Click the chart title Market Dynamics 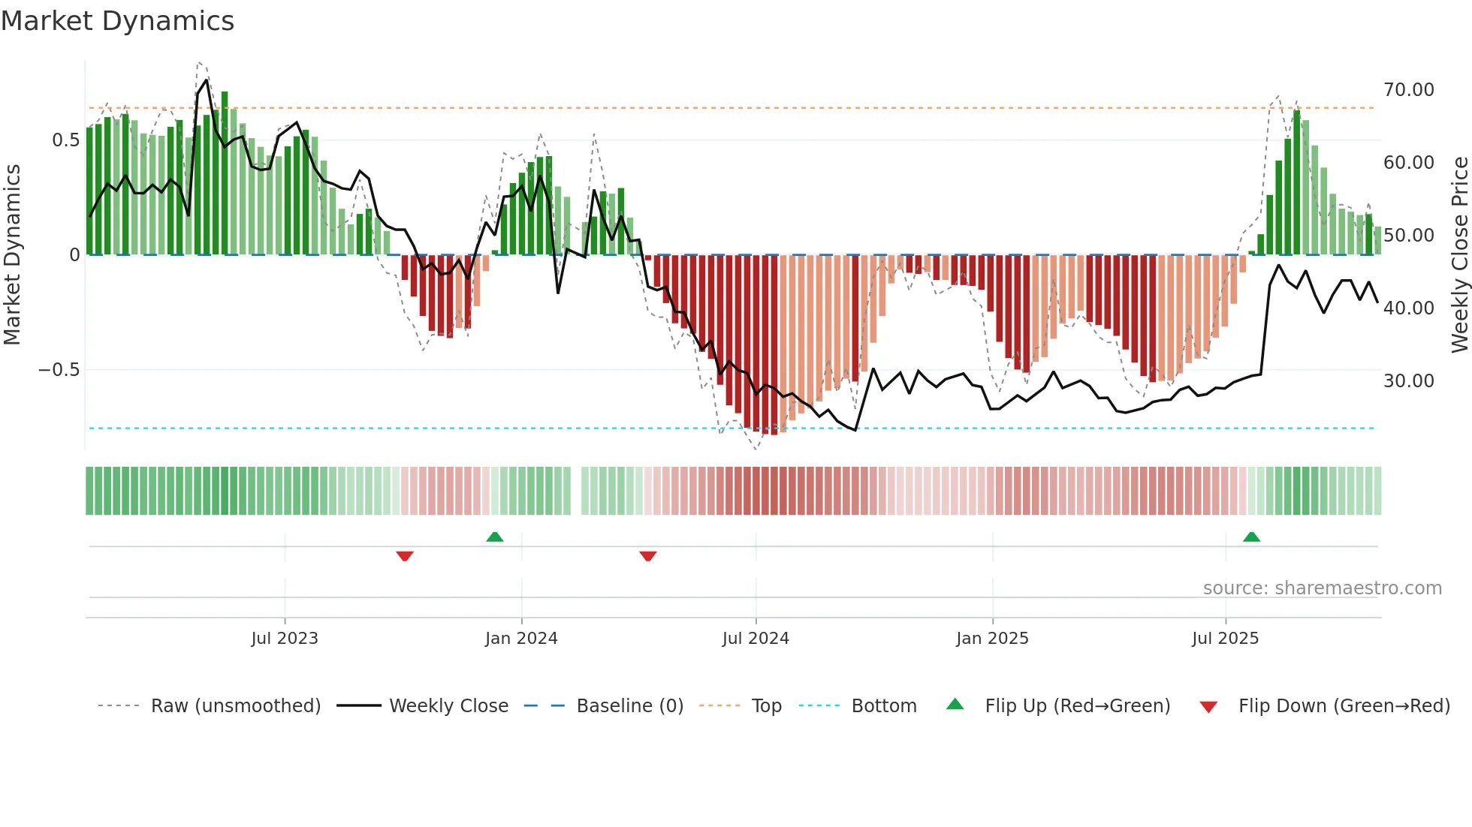[117, 21]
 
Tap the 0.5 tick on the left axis [65, 140]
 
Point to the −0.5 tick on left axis [59, 370]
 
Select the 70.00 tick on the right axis [1408, 90]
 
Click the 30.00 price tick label [1408, 381]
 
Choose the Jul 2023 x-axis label [285, 639]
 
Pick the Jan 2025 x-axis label [992, 639]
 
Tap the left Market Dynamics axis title [13, 255]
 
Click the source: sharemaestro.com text [1322, 588]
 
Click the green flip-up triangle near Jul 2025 [1251, 537]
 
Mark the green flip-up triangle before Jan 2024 [495, 537]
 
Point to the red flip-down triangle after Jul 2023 [405, 556]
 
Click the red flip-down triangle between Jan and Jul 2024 [648, 556]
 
